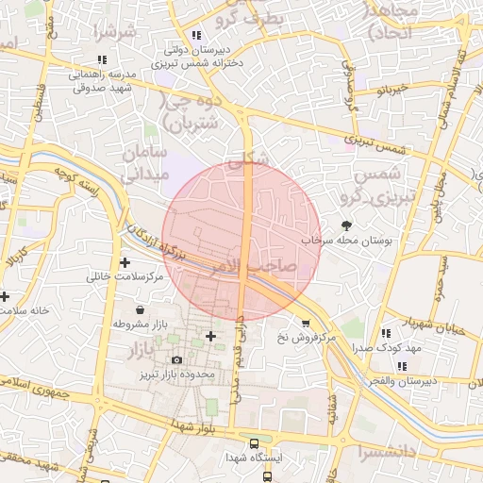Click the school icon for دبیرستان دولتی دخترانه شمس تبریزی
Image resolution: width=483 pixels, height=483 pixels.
pos(195,35)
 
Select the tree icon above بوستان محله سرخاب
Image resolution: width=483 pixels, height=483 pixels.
pos(345,225)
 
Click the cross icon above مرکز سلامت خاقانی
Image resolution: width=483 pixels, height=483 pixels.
pos(125,261)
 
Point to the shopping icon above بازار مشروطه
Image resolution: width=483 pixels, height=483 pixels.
pos(141,308)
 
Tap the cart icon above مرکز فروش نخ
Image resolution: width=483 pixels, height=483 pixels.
pos(304,323)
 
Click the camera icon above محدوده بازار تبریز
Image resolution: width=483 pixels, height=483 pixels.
pos(176,359)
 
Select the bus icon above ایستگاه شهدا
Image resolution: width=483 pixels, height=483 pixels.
pos(253,442)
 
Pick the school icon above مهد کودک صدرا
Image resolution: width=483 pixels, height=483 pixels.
pos(385,333)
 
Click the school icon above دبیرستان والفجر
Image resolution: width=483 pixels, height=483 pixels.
pos(403,366)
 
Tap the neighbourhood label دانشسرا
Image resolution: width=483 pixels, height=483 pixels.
pos(394,452)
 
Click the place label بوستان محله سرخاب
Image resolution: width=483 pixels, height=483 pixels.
pos(346,241)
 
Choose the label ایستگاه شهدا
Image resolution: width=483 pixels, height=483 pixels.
pos(254,457)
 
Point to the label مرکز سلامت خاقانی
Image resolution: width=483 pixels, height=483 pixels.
pos(125,277)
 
